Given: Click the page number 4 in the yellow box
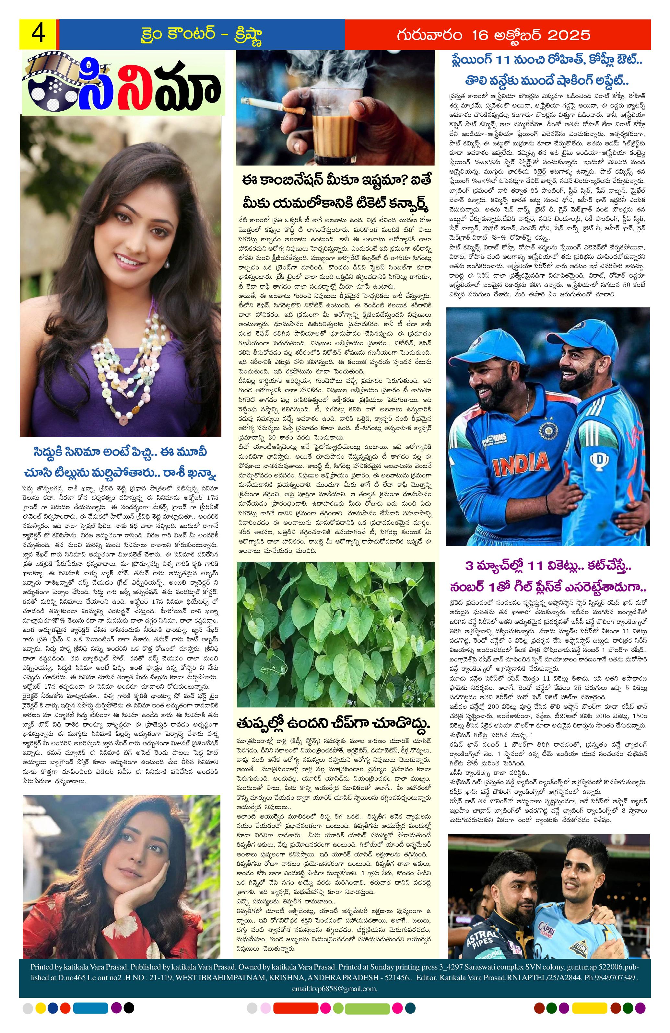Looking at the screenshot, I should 38,34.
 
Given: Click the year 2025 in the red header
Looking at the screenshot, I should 566,35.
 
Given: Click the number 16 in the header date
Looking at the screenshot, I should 469,35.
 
